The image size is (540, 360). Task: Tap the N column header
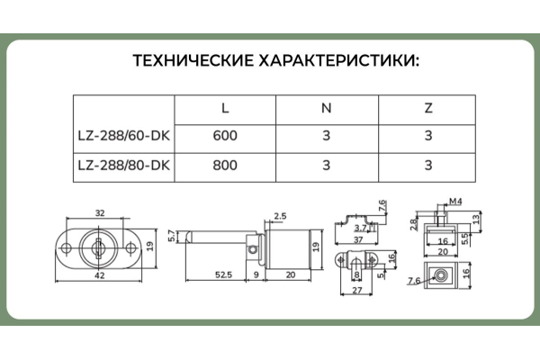(327, 108)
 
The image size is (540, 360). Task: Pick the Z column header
(427, 108)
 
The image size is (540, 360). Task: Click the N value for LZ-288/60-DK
(327, 137)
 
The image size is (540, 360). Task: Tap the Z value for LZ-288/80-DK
(427, 166)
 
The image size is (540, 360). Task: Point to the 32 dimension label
(100, 214)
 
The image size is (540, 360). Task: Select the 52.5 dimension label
(223, 274)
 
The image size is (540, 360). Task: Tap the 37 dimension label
(359, 240)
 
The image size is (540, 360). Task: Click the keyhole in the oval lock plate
(100, 245)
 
